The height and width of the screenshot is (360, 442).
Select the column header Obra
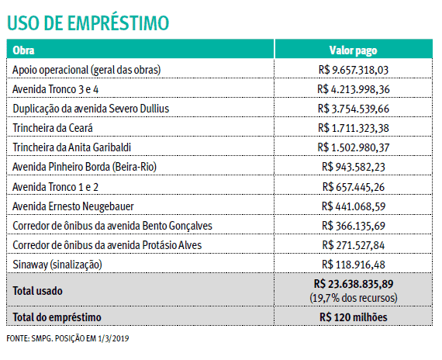pyautogui.click(x=25, y=50)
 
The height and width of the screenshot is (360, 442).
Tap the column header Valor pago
pyautogui.click(x=353, y=50)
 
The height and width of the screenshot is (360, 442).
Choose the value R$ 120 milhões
pyautogui.click(x=353, y=317)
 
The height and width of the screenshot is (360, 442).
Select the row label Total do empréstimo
pyautogui.click(x=57, y=317)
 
